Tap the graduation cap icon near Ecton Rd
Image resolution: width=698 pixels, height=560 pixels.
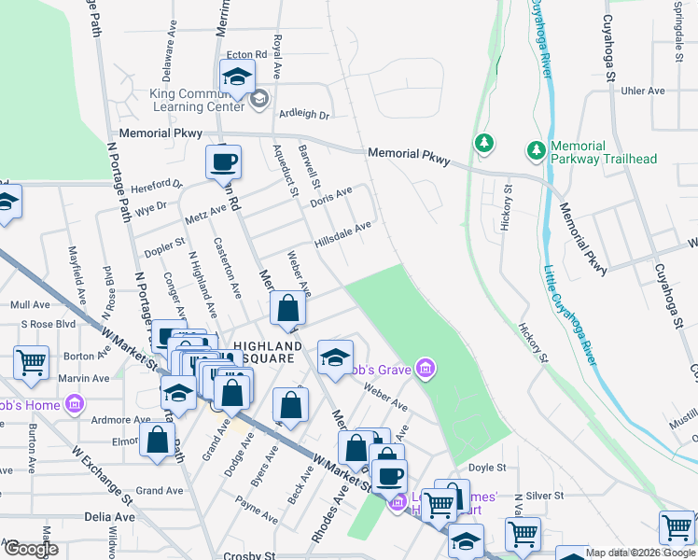(x=237, y=77)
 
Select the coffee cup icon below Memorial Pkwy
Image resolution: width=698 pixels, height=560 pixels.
(x=224, y=162)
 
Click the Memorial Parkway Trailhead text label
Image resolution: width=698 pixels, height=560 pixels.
(x=604, y=152)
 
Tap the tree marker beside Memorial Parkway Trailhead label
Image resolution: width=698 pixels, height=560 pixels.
(x=536, y=149)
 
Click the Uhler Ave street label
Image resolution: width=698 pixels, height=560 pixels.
(x=643, y=91)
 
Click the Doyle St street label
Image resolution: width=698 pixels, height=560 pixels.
(x=486, y=468)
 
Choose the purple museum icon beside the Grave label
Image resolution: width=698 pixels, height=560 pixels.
(x=426, y=370)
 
